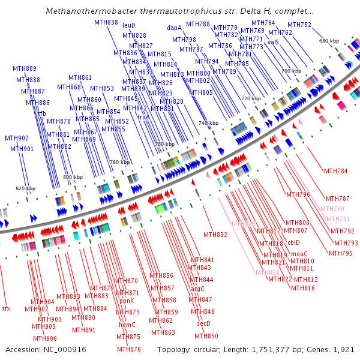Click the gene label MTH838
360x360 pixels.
point(106,22)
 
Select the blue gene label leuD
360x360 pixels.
point(129,26)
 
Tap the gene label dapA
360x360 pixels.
point(174,28)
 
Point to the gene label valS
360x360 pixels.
point(273,43)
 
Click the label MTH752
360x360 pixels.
point(299,25)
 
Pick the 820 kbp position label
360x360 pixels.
point(25,188)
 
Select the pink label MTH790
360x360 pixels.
point(332,209)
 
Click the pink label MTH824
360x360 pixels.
point(268,272)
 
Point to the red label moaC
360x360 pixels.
point(299,254)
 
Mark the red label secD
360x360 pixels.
point(203,323)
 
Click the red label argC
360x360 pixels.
point(197,289)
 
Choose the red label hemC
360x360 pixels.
point(127,325)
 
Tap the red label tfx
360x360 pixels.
point(7,308)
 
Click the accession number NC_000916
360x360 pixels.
point(66,349)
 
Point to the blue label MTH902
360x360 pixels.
point(16,138)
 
